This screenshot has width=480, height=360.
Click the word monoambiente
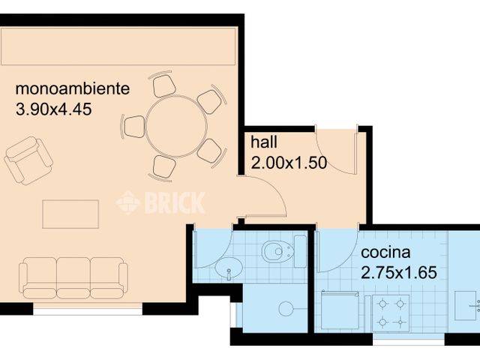coord(73,89)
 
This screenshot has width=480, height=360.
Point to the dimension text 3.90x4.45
coord(53,109)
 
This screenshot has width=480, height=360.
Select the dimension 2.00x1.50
coord(289,162)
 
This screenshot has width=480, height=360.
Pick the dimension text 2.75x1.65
coord(398,271)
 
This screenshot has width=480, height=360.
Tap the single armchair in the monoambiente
coord(28,160)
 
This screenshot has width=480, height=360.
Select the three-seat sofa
coord(73,278)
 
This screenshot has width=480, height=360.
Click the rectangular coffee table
coord(70,214)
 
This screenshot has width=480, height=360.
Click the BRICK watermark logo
coord(160,202)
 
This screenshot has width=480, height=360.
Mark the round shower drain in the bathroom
coord(284,308)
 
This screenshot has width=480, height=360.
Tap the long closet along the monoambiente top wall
coord(119,48)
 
